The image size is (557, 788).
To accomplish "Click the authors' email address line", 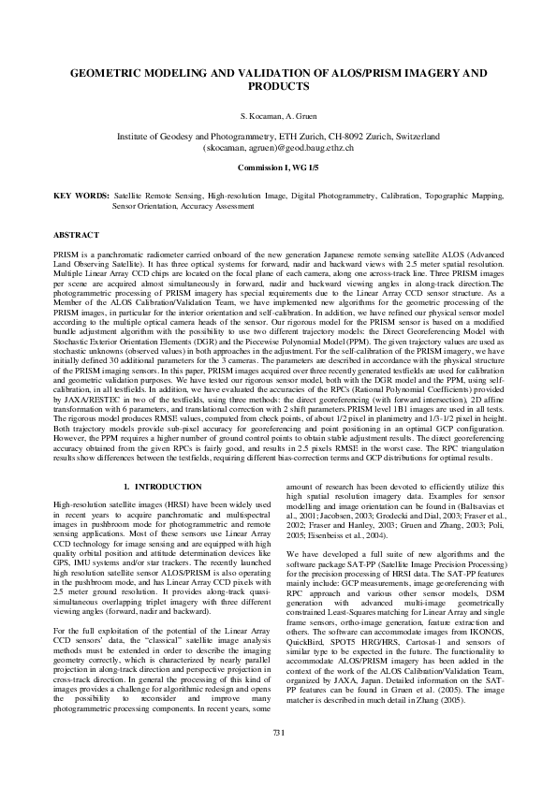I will pos(278,148).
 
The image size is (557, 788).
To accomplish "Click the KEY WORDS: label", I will pos(81,197).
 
